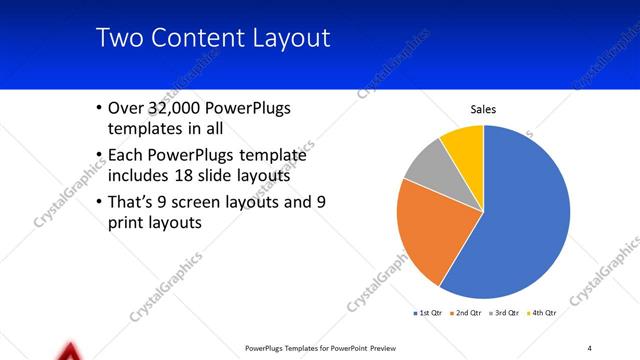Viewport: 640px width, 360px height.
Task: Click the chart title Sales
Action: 483,109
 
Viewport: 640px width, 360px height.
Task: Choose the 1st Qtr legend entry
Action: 430,314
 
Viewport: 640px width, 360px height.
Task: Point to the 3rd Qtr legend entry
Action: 502,314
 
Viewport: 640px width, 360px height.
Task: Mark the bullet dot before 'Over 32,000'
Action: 98,108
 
